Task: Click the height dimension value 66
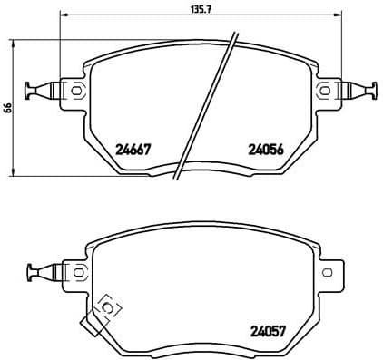pos(8,107)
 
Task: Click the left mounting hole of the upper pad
pos(74,89)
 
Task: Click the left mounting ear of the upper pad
pos(73,89)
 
